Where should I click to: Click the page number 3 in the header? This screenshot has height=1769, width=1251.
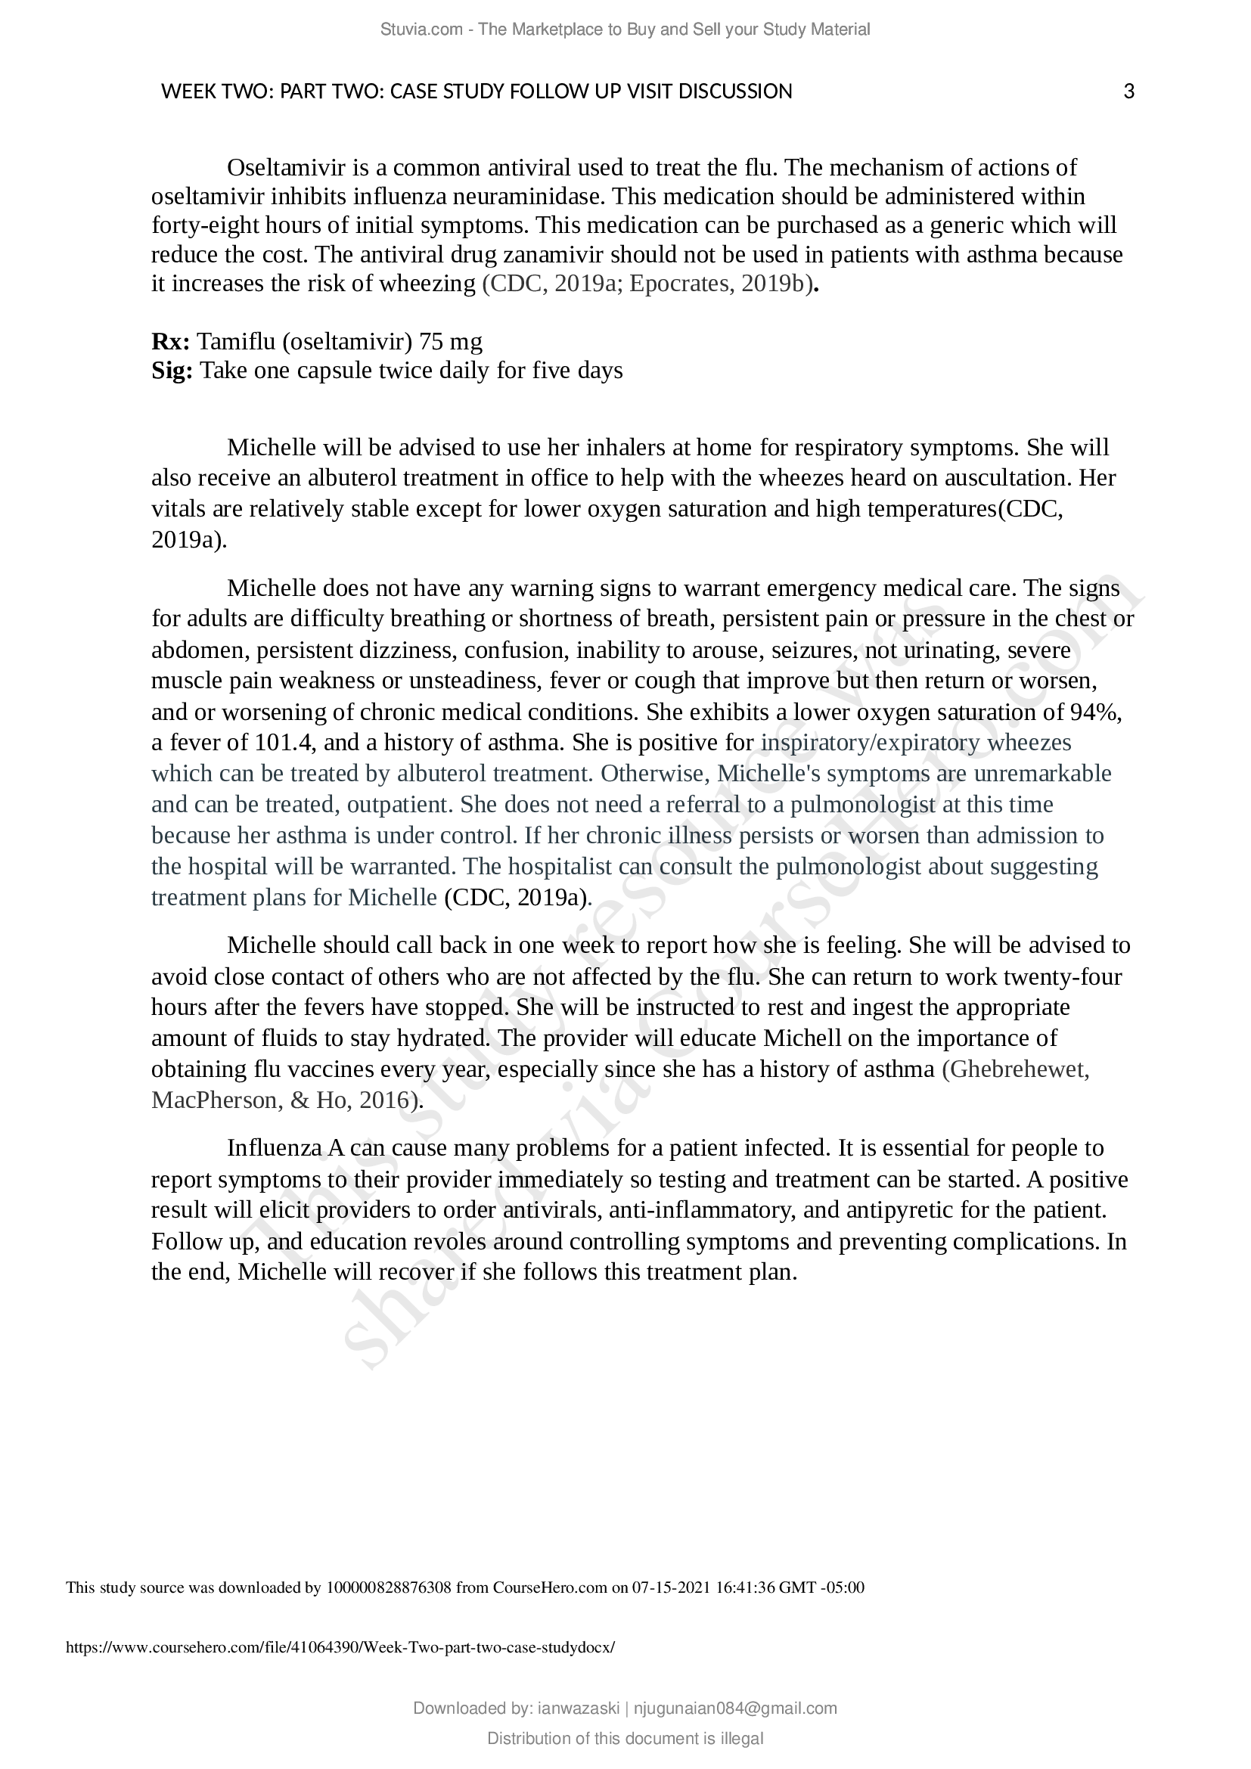(x=1128, y=92)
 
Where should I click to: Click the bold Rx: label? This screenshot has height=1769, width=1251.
(x=170, y=340)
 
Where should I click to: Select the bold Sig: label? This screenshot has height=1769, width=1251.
(x=172, y=371)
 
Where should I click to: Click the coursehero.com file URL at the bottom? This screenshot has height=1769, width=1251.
(x=340, y=1647)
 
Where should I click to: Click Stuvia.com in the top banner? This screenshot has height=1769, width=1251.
(x=421, y=29)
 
